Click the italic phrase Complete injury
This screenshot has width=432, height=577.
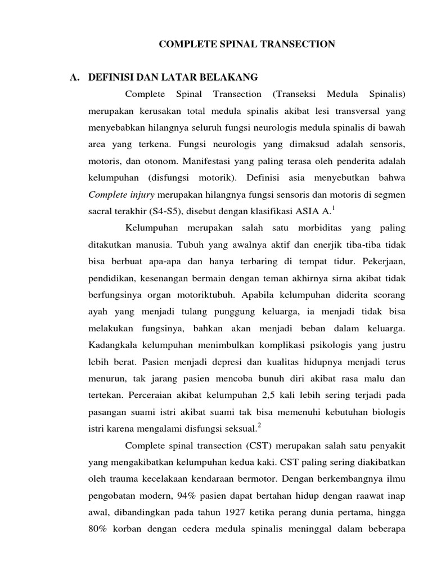click(x=121, y=195)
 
